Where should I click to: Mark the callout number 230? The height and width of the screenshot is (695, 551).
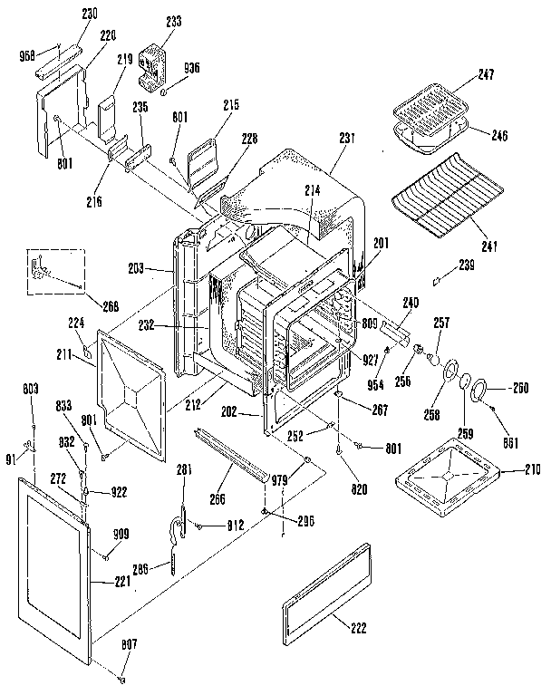(66, 13)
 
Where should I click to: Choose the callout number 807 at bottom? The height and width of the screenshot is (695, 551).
(130, 643)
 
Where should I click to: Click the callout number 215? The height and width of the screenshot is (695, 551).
(229, 106)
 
